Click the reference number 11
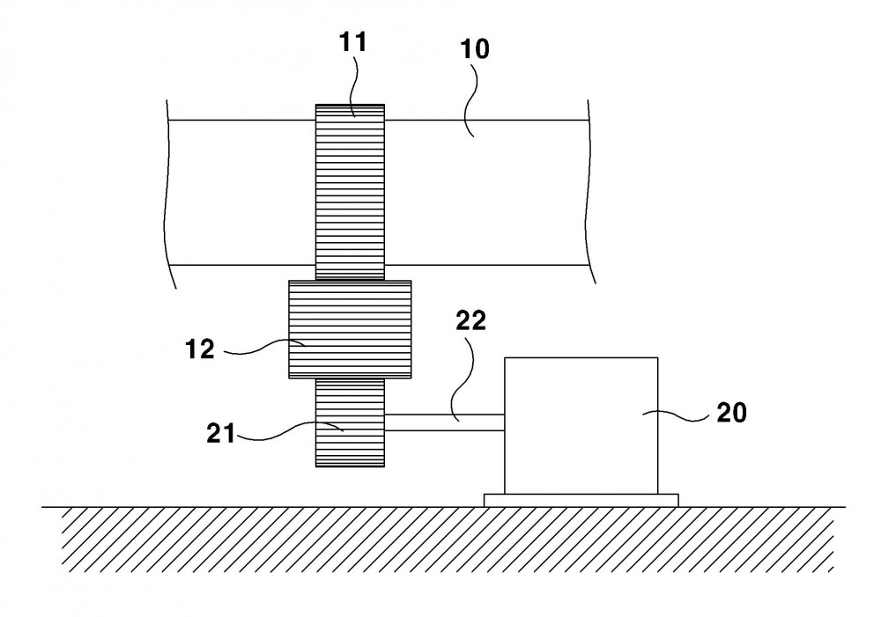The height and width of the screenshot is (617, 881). tap(353, 42)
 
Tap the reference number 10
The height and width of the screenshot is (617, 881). tap(475, 48)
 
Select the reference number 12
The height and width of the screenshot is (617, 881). tap(200, 349)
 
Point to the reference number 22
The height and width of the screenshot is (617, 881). tap(470, 320)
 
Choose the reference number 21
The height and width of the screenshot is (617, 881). tap(220, 433)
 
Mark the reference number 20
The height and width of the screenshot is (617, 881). tap(731, 413)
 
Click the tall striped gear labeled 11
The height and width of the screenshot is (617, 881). tap(350, 192)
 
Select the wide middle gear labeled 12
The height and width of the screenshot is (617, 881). tap(350, 329)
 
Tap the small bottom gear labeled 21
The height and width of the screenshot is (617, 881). tap(350, 422)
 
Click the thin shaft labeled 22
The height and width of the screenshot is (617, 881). tap(444, 422)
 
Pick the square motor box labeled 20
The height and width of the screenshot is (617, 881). tap(581, 425)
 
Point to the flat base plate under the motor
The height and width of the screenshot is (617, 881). tap(581, 500)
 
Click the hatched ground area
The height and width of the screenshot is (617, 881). tap(444, 539)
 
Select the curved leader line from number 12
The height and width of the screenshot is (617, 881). tap(265, 348)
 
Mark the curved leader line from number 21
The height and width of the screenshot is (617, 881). tap(292, 431)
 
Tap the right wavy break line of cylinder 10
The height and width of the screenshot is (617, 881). tap(591, 192)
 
